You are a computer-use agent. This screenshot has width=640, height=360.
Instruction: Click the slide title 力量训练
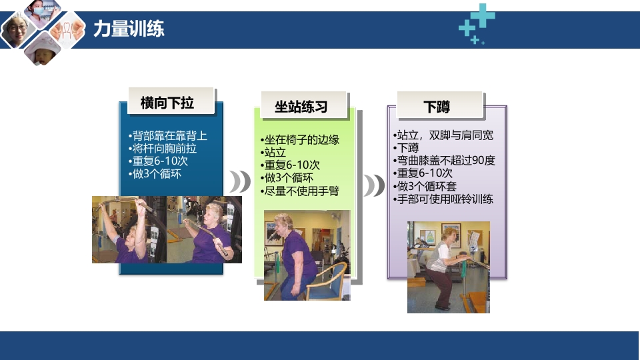tap(129, 29)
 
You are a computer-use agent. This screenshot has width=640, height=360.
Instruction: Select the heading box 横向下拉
tap(167, 103)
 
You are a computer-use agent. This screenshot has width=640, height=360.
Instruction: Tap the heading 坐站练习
tap(301, 107)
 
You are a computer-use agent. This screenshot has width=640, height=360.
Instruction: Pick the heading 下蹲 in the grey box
tap(437, 107)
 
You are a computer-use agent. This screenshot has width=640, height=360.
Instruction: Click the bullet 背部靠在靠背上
tap(167, 136)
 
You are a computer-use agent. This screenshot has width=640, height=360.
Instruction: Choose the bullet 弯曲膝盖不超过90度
tap(445, 161)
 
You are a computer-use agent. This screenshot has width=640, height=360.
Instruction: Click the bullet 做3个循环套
tap(427, 186)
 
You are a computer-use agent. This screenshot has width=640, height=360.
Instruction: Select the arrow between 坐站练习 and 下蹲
tap(374, 185)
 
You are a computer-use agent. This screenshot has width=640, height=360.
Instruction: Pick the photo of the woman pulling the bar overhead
tap(129, 229)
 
